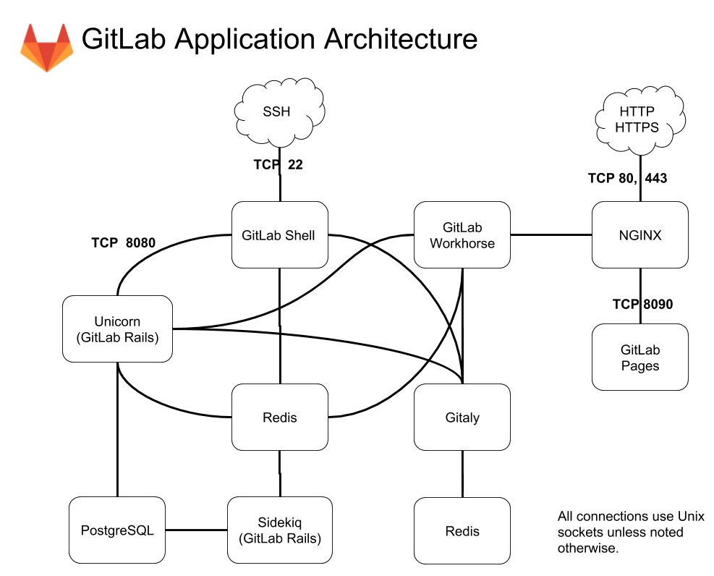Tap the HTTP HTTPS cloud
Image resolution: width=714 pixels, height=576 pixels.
[637, 119]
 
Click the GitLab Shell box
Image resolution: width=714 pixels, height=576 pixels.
[279, 234]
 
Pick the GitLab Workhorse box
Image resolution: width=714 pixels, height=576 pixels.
[462, 234]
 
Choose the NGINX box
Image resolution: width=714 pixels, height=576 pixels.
[639, 234]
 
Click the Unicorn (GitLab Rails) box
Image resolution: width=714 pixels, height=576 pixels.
[117, 329]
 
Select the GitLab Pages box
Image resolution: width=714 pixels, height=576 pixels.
[639, 357]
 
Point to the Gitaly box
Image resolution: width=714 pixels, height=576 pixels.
[462, 418]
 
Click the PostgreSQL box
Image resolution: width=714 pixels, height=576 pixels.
[117, 530]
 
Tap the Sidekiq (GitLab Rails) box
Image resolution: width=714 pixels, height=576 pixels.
[279, 530]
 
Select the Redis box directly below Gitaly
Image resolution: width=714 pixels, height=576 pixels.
[462, 530]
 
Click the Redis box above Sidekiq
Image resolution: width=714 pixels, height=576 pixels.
[279, 418]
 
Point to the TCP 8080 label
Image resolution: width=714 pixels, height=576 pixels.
[123, 242]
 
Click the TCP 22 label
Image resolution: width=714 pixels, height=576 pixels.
[278, 165]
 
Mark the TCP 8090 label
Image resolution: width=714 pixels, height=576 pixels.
[642, 304]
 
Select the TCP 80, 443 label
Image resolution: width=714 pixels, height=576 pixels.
[626, 178]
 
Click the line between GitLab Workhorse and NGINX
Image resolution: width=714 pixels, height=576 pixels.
[551, 234]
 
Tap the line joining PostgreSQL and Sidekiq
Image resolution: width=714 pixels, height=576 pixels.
[196, 530]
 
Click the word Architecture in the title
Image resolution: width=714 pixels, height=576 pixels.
[400, 38]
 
